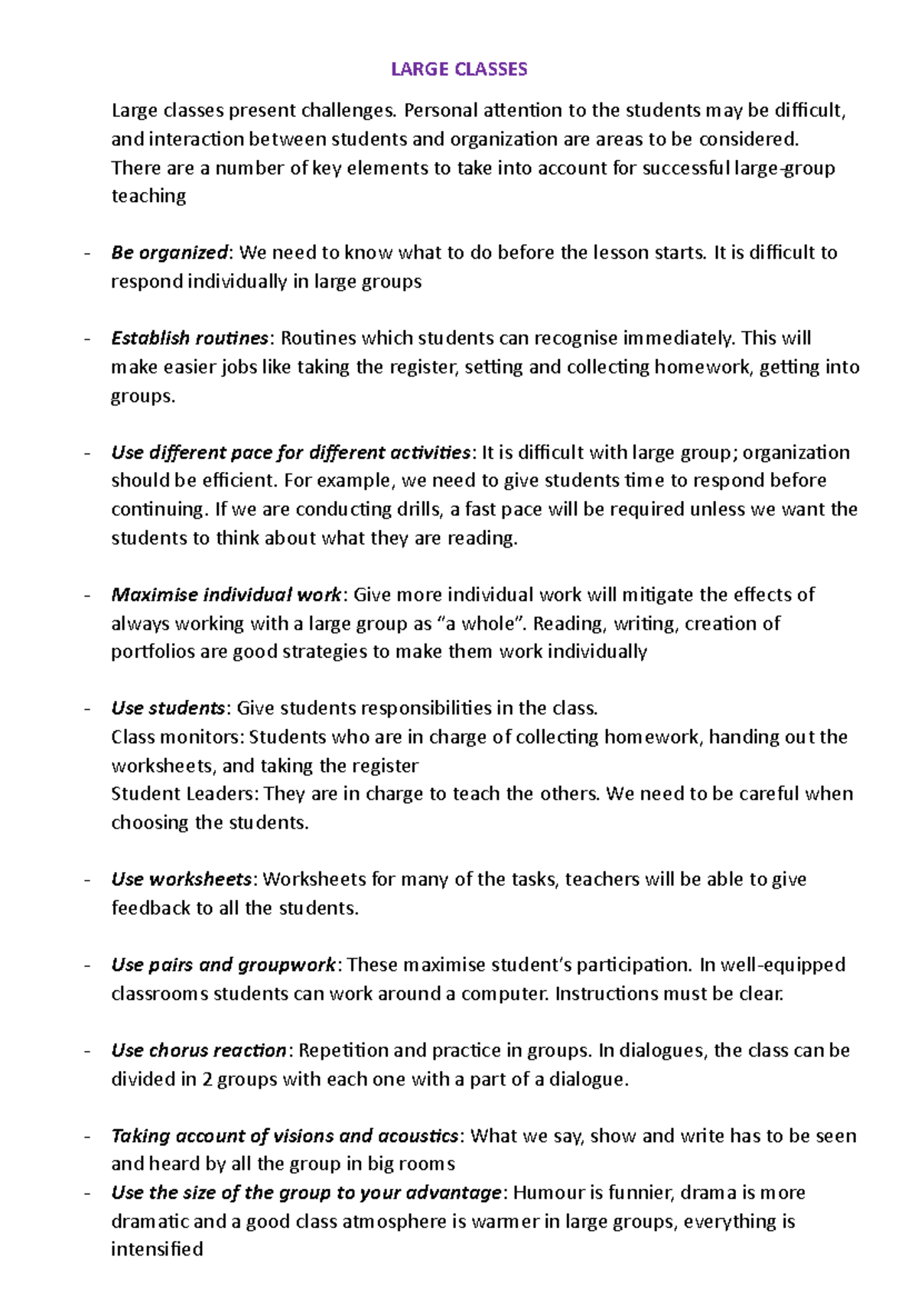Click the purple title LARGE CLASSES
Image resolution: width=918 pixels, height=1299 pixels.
(x=459, y=70)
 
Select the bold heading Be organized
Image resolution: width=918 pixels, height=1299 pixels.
(x=170, y=252)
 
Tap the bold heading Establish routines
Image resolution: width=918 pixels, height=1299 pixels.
(x=190, y=338)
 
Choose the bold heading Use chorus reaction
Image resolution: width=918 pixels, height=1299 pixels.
(x=199, y=1050)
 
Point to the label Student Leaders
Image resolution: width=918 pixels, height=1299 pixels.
(x=184, y=794)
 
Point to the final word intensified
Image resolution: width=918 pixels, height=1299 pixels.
(x=157, y=1249)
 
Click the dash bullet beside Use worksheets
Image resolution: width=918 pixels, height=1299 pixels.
(x=88, y=880)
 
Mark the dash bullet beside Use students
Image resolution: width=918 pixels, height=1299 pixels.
(x=88, y=708)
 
